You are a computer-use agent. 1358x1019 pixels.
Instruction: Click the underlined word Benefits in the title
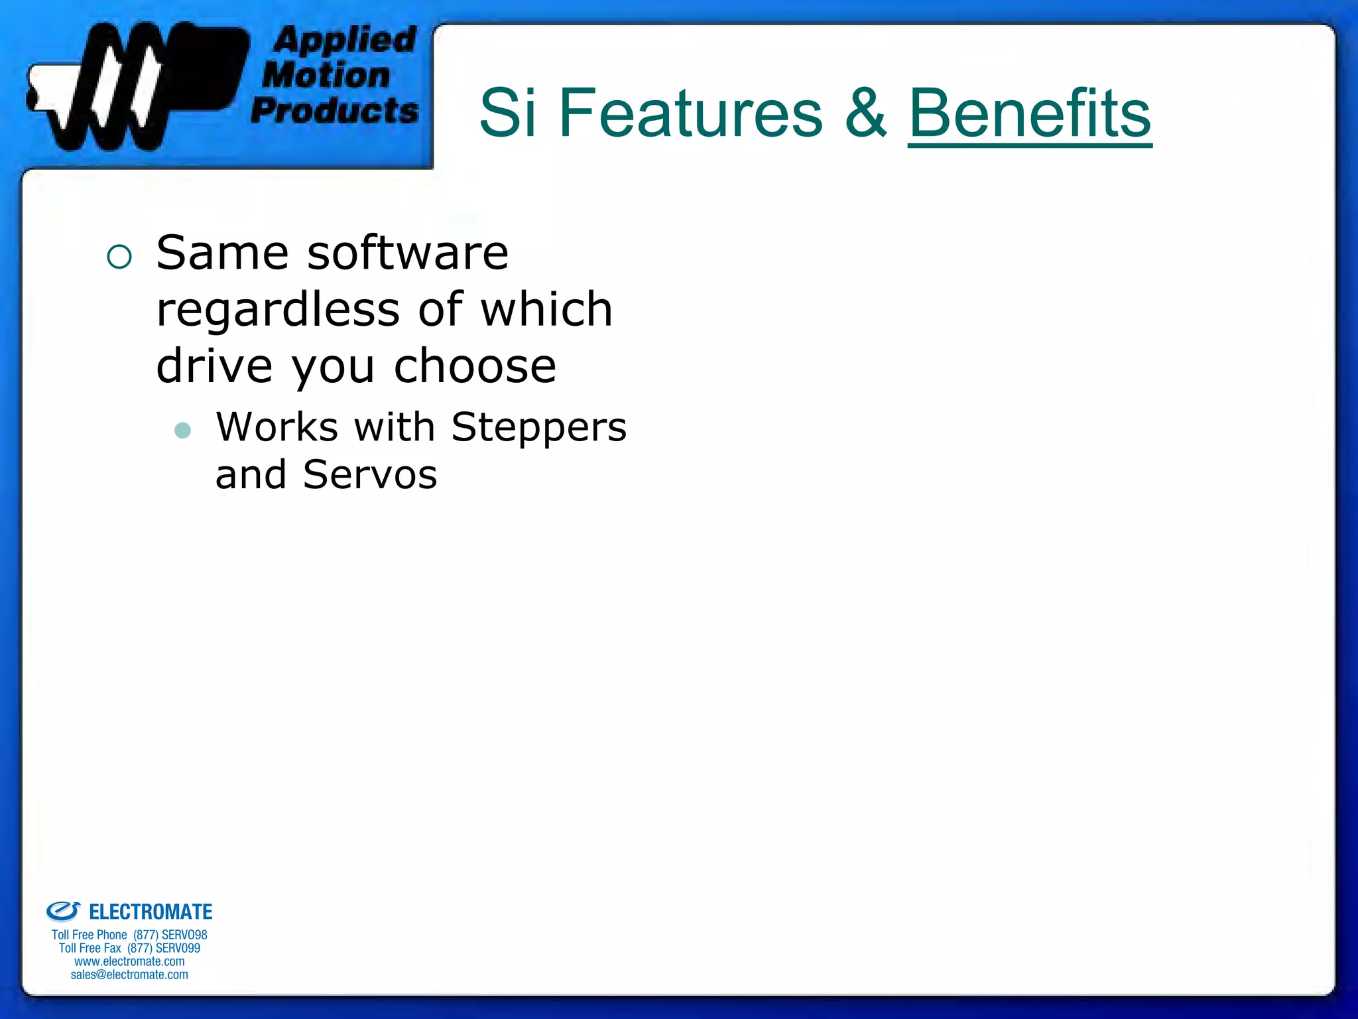[x=1029, y=114]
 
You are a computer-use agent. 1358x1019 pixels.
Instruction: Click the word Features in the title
[x=690, y=114]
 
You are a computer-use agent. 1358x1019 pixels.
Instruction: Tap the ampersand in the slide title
[x=865, y=114]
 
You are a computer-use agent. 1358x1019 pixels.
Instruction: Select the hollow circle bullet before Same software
[x=119, y=257]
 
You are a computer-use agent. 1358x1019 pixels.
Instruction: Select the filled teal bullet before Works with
[x=182, y=431]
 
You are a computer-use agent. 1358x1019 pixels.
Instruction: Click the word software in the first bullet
[x=408, y=254]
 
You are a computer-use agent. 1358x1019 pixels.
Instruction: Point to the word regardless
[x=278, y=310]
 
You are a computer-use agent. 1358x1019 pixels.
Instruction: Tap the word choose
[x=475, y=367]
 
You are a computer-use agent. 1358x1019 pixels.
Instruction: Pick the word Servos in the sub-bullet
[x=370, y=475]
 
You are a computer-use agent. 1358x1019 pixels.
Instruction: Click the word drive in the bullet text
[x=214, y=367]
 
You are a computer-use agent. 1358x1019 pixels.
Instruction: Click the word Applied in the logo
[x=345, y=40]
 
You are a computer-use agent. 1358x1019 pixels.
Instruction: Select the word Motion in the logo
[x=326, y=75]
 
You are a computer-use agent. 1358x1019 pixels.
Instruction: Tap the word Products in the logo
[x=335, y=110]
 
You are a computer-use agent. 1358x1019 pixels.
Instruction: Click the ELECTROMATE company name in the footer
[x=151, y=912]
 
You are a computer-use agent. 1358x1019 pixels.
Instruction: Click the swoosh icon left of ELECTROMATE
[x=63, y=911]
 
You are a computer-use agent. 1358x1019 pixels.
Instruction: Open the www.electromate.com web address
[x=129, y=961]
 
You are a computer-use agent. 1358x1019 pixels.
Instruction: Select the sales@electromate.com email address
[x=129, y=975]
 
